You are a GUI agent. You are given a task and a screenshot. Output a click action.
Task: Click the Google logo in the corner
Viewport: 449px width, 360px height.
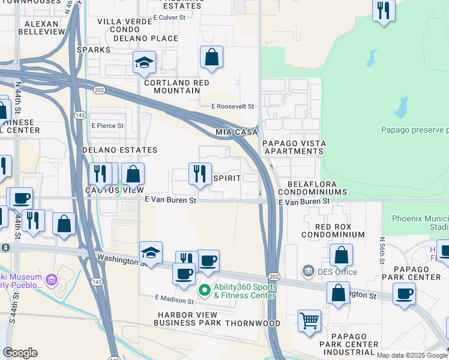pos(20,353)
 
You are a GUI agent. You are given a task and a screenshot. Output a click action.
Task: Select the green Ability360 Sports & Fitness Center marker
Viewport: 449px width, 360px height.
pos(204,290)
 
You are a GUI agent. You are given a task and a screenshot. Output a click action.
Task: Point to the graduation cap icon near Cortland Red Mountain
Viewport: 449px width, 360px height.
pos(144,63)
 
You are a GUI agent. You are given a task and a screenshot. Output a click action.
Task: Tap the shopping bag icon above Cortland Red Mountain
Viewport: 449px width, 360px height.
pos(211,58)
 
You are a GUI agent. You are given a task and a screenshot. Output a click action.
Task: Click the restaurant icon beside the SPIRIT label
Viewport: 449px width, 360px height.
pos(200,174)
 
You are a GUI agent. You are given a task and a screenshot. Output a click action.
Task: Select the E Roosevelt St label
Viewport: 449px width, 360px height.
pos(233,106)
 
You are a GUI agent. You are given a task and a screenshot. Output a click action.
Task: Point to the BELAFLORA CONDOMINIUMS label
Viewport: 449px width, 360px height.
pos(318,188)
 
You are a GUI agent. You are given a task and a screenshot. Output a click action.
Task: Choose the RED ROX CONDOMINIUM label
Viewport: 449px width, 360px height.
pos(341,230)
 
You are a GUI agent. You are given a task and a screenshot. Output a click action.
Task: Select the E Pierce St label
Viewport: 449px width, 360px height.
pos(107,126)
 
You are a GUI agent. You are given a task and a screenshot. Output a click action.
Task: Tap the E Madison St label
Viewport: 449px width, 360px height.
pos(176,298)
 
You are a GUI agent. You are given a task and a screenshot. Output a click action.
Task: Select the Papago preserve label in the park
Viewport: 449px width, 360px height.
pos(414,130)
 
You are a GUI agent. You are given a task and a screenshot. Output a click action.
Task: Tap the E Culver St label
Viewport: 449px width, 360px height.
pos(170,17)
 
